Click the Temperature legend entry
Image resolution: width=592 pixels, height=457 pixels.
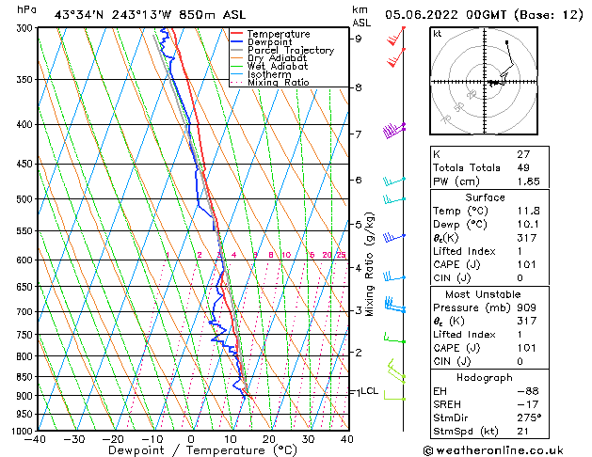(x=278, y=34)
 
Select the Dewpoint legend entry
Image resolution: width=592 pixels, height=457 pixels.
(x=271, y=42)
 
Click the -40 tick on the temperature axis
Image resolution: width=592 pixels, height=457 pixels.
(x=36, y=439)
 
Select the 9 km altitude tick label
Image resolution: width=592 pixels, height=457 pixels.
(x=359, y=39)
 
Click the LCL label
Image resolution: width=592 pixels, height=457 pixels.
(x=370, y=391)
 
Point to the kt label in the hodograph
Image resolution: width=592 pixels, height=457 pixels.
(x=437, y=33)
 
